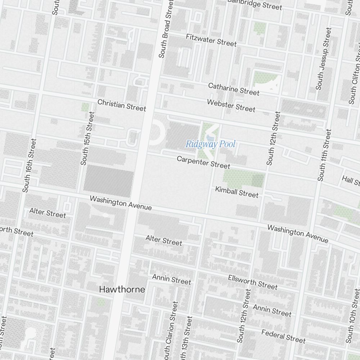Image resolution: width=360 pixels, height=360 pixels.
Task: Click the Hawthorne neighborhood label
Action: coord(122,289)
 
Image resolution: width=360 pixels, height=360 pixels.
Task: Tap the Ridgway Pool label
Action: coord(210,144)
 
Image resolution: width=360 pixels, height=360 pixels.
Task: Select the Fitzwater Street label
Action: coord(211,40)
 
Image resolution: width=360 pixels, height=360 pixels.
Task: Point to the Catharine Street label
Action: coord(234,89)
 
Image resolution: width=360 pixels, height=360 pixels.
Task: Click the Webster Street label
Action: coord(231,105)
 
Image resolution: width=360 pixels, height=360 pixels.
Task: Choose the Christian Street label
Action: coord(122,105)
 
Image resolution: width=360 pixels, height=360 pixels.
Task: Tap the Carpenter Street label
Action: coord(203,162)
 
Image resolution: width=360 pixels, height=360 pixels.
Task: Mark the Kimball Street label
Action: coord(237,192)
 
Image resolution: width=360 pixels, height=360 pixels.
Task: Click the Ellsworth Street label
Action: coord(253,282)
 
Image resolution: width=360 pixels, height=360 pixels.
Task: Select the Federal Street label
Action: coord(283,336)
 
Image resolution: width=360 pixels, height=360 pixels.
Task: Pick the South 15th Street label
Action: coord(87,139)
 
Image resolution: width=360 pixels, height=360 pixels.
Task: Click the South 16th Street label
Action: coord(30,165)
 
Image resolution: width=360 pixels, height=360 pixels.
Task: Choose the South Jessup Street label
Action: coord(323,59)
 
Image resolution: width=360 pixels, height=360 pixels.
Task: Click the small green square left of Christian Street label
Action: coord(85,107)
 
